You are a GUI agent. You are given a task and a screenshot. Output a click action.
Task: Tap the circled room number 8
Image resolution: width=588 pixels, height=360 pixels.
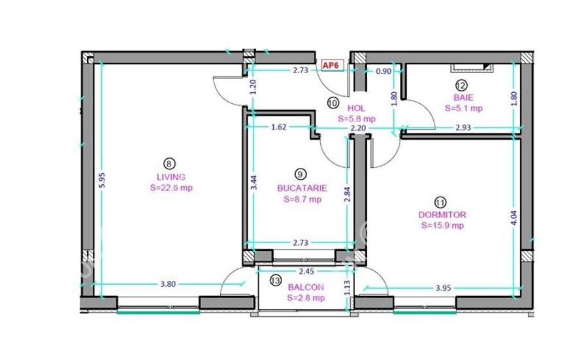(x=169, y=164)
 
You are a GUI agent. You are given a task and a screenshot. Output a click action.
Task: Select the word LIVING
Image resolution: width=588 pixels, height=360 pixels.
(x=171, y=176)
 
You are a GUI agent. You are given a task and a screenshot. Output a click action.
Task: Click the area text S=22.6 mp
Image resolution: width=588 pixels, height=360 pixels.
(x=171, y=188)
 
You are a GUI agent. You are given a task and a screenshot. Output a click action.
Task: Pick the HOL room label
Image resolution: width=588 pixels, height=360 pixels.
(x=356, y=108)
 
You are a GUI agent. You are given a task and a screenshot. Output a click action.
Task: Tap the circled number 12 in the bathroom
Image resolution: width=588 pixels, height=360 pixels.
(x=461, y=85)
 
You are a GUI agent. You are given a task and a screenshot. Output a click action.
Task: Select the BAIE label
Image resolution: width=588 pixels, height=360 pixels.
(x=463, y=97)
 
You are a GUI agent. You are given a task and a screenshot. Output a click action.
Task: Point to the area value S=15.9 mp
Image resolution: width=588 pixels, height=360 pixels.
(x=444, y=226)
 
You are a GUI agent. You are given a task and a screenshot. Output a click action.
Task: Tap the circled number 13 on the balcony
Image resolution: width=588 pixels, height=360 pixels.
(x=276, y=280)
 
